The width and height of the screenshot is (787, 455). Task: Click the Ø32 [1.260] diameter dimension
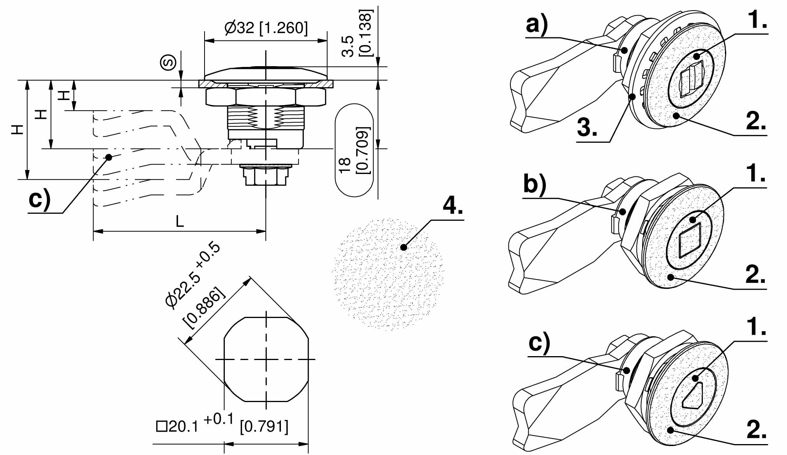point(266,28)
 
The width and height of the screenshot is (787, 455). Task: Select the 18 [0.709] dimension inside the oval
point(354,150)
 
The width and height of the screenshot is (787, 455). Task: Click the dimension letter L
point(179,221)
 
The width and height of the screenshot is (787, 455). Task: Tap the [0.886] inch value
point(204,308)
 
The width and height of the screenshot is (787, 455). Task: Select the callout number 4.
point(452,205)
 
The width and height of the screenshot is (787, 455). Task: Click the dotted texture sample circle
point(388,274)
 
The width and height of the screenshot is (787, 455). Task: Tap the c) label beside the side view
point(39,200)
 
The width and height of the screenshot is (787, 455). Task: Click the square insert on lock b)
point(690,240)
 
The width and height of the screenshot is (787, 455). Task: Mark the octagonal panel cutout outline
point(266,359)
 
